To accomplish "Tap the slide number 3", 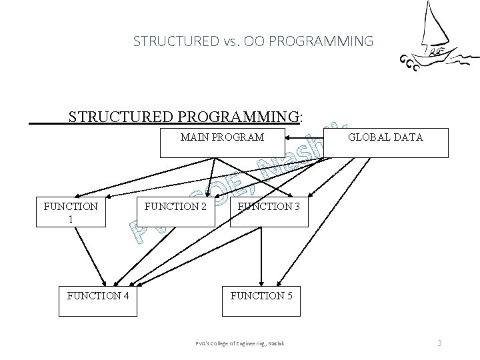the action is tap(440, 343).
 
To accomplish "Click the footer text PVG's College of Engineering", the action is tap(240, 343).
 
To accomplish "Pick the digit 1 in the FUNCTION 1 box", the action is tap(71, 218).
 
